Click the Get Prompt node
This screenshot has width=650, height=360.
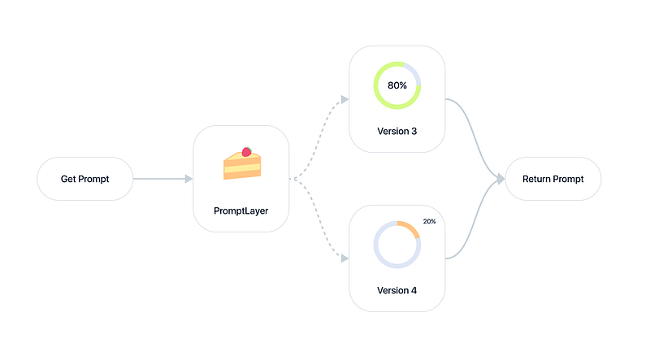pyautogui.click(x=84, y=179)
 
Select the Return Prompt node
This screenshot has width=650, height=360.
pyautogui.click(x=552, y=179)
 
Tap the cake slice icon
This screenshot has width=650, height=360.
pyautogui.click(x=241, y=163)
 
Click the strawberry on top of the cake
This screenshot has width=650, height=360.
pyautogui.click(x=246, y=151)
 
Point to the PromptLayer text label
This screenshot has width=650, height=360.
pyautogui.click(x=241, y=210)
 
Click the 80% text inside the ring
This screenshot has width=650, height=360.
pyautogui.click(x=397, y=85)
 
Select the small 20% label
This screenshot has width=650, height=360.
pyautogui.click(x=430, y=222)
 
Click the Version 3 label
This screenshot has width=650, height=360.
pyautogui.click(x=397, y=131)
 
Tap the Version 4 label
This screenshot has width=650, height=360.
pyautogui.click(x=397, y=290)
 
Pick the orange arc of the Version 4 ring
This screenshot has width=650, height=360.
pyautogui.click(x=412, y=228)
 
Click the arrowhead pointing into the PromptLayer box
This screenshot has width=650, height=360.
pyautogui.click(x=188, y=179)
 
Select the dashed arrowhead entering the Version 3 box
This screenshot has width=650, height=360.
pyautogui.click(x=344, y=99)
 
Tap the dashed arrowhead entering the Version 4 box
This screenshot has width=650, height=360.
pyautogui.click(x=344, y=258)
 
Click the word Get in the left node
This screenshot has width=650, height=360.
pyautogui.click(x=69, y=179)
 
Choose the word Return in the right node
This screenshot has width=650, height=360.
pyautogui.click(x=538, y=179)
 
